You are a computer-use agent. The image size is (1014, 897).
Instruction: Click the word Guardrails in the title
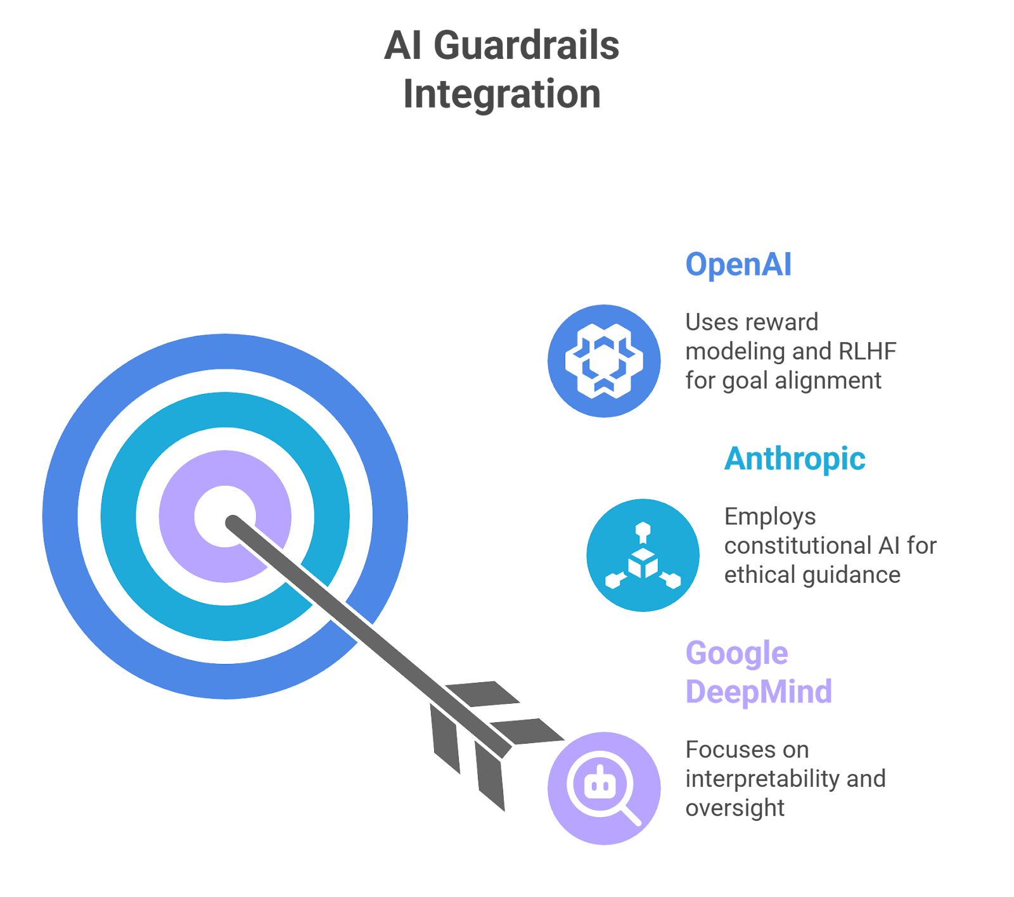click(x=525, y=46)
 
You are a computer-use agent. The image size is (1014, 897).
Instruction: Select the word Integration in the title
click(x=502, y=94)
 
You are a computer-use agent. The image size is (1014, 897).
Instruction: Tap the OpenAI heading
click(x=738, y=264)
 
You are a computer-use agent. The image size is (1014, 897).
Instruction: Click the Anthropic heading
click(x=795, y=459)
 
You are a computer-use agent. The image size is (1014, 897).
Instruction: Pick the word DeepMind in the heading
click(x=758, y=692)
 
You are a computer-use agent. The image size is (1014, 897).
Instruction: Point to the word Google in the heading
click(x=736, y=653)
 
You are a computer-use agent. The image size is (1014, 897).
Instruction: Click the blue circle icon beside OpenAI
click(x=604, y=360)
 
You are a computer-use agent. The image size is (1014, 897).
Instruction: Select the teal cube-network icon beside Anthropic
click(x=643, y=555)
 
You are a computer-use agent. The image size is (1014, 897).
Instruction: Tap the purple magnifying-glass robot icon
click(x=604, y=788)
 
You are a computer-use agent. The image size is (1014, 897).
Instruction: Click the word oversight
click(x=735, y=808)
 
